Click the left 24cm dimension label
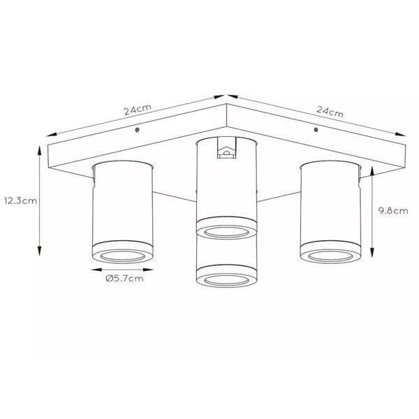pos(138,110)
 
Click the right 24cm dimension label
pos(330,112)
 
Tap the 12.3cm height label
pos(20,200)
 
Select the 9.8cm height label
pos(393,211)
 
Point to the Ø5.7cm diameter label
pos(124,279)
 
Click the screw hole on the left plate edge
pos(138,130)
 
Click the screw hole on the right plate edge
pos(316,130)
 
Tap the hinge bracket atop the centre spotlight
pos(226,148)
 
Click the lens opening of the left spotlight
pos(123,256)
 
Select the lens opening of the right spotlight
pos(330,256)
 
